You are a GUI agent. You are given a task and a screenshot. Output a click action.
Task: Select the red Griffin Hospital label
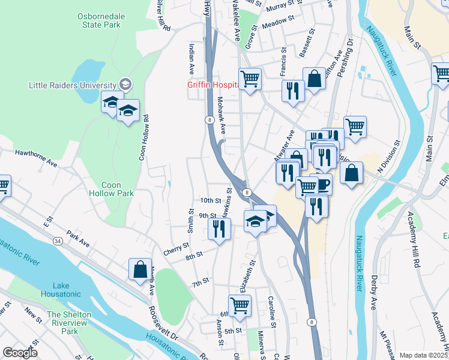pos(212,85)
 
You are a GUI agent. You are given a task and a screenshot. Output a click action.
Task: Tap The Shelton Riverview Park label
pos(70,323)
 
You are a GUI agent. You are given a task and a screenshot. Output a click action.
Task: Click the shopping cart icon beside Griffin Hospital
pos(250,79)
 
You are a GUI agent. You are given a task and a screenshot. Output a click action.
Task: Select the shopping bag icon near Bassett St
pos(313,77)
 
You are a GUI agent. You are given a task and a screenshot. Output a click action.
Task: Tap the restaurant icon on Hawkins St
pos(218,228)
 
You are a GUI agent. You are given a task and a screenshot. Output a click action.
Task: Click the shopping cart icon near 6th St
pos(240,305)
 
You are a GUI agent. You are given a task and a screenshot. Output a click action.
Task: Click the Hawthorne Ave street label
pos(36,158)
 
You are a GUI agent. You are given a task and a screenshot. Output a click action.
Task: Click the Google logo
pos(20,353)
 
